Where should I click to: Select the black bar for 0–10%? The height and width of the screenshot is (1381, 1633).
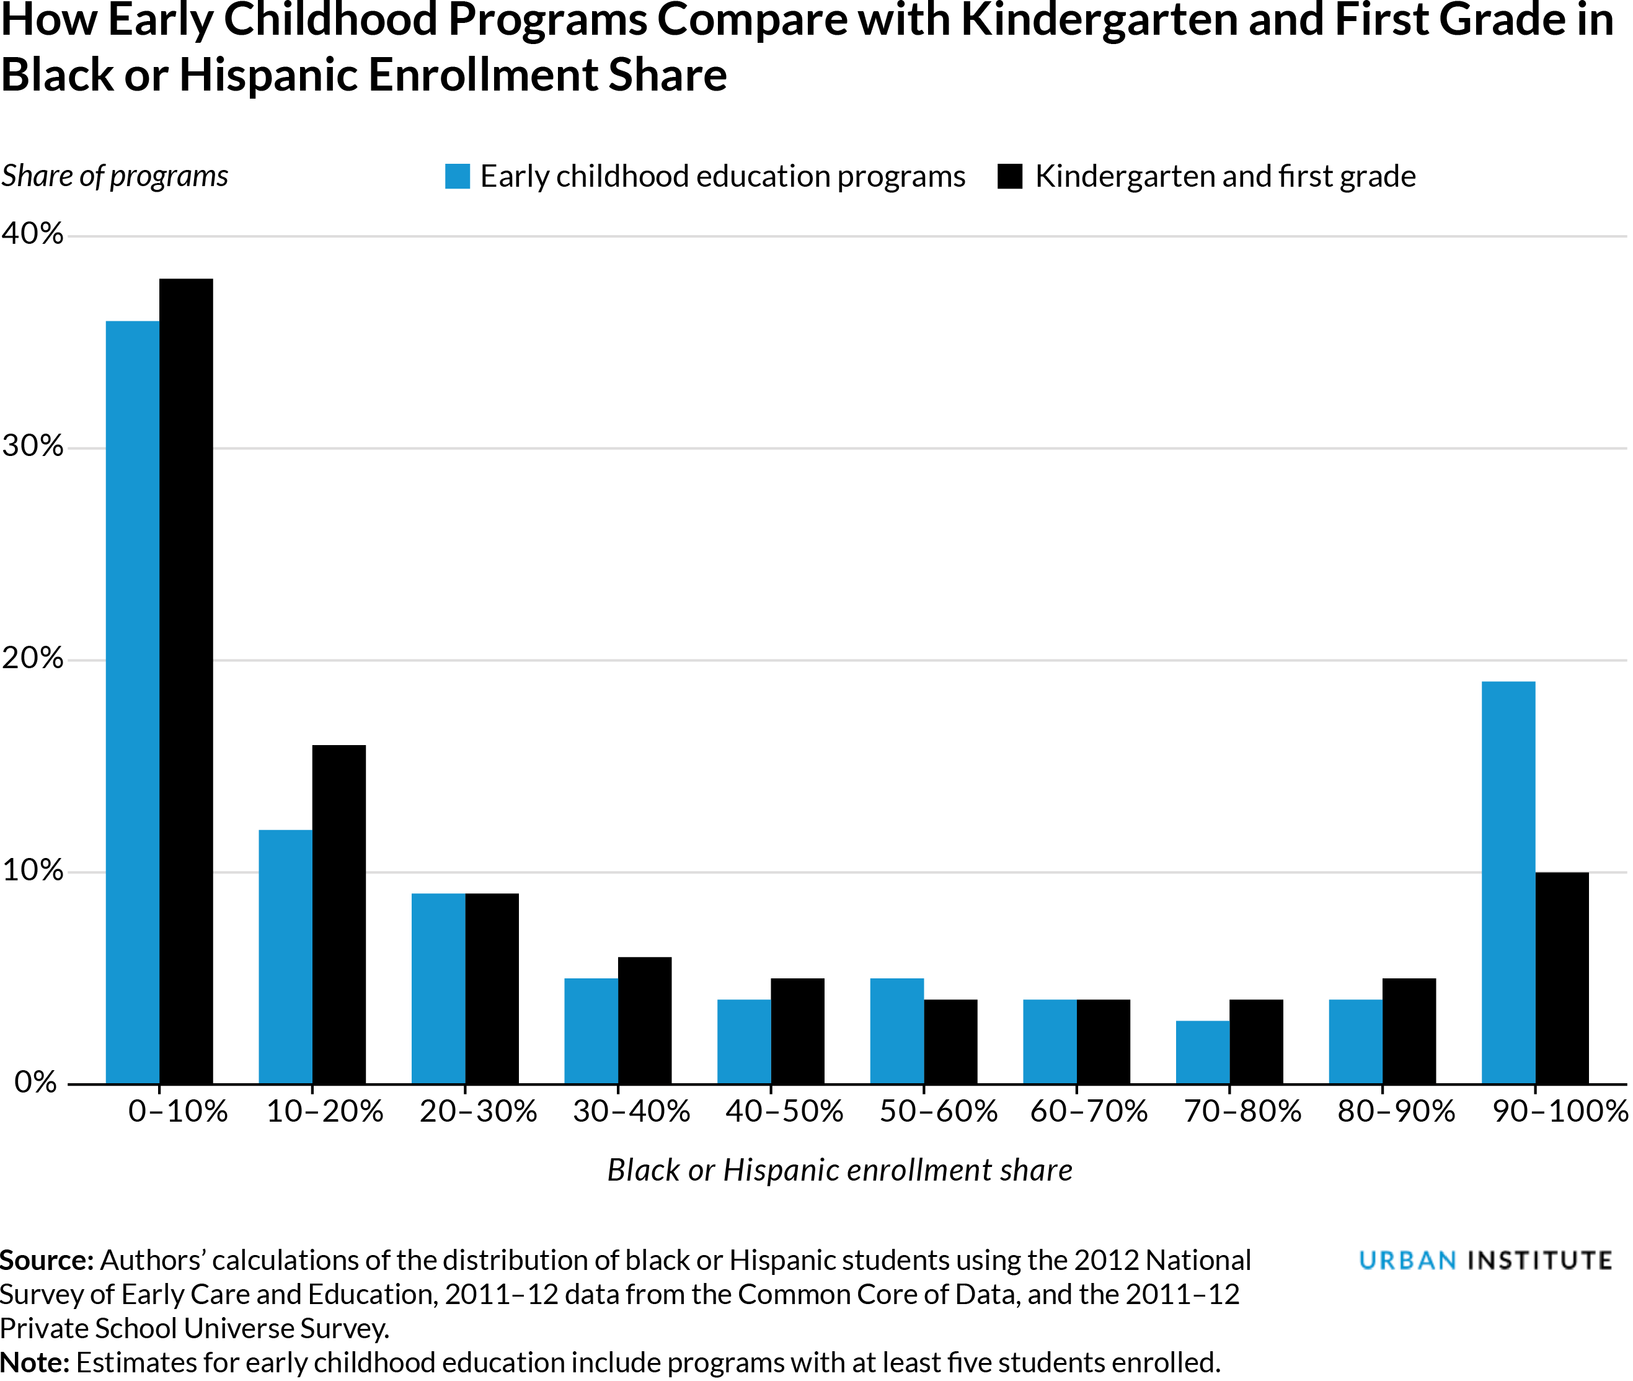[x=186, y=681]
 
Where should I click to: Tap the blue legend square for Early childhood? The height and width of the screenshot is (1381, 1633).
[x=458, y=176]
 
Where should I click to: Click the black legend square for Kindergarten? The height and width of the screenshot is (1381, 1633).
[x=1009, y=176]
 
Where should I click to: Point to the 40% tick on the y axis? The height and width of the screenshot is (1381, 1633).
[x=32, y=233]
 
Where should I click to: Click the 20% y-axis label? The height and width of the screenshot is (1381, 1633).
[x=32, y=658]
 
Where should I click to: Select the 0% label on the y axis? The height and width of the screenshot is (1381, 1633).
[x=36, y=1082]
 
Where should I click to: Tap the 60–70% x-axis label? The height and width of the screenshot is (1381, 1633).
[x=1089, y=1112]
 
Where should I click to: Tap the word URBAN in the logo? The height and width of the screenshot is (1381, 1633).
[x=1407, y=1261]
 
